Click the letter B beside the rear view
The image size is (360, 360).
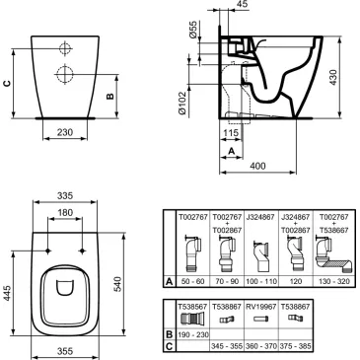110,96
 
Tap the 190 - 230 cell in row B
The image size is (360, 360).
191,333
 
